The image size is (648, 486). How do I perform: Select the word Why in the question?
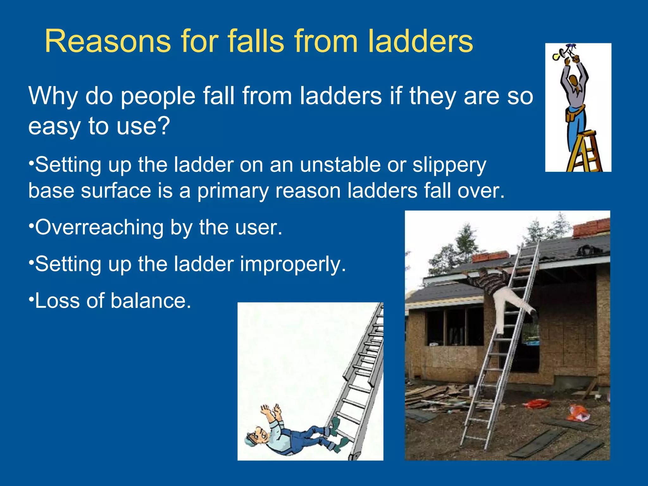click(53, 96)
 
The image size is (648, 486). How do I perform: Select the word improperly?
click(293, 264)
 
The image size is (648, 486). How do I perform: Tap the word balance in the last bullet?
click(151, 301)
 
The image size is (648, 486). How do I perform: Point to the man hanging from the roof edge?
click(503, 294)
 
